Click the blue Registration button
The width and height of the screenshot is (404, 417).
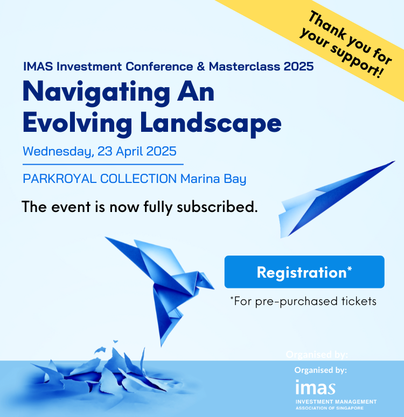[x=304, y=272]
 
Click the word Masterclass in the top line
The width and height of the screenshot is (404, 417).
[x=245, y=67]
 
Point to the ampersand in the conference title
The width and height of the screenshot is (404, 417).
[x=201, y=67]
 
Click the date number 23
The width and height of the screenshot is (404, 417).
[x=105, y=151]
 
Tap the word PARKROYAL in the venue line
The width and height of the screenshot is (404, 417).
[x=60, y=179]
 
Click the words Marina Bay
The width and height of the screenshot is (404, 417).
[x=213, y=179]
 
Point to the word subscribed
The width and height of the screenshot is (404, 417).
[x=217, y=207]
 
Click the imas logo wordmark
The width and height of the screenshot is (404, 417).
[x=316, y=387]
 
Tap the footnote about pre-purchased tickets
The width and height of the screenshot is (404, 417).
[x=303, y=301]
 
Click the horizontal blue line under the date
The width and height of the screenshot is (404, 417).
[x=103, y=164]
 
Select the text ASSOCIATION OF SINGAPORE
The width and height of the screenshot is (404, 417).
[x=330, y=408]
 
